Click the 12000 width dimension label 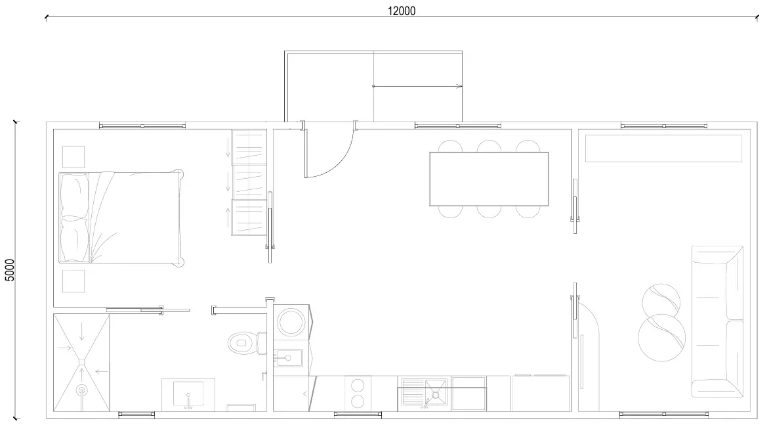click(401, 11)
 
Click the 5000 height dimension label click(10, 270)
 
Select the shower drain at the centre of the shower click(81, 362)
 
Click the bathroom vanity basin click(188, 394)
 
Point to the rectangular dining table click(489, 179)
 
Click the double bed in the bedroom click(121, 218)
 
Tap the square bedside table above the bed click(73, 156)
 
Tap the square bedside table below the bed click(73, 281)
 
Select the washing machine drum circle click(291, 322)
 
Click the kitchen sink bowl click(436, 392)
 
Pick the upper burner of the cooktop click(358, 385)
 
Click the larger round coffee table click(661, 338)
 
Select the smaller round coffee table click(661, 302)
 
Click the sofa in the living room click(717, 321)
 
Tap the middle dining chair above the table click(489, 147)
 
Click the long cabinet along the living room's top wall click(663, 148)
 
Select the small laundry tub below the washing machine click(288, 358)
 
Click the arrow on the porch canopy click(417, 86)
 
